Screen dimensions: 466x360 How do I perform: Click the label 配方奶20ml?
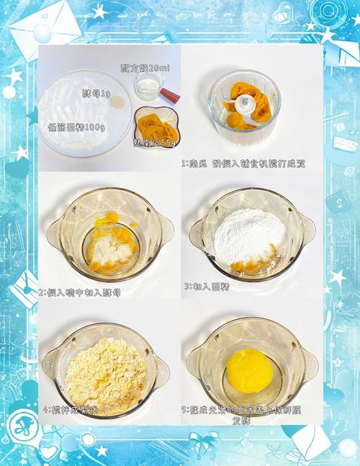(x=145, y=68)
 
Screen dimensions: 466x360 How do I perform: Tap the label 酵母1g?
(x=96, y=93)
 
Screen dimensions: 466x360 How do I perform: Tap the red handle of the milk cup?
(x=170, y=94)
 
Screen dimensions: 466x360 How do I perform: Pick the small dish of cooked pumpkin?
(x=156, y=126)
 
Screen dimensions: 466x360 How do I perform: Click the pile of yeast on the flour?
(x=117, y=102)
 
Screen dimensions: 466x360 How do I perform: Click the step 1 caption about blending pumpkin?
(x=243, y=164)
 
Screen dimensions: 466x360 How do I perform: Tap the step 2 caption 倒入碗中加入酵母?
(x=80, y=292)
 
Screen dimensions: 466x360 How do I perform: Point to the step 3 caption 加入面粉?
(x=206, y=286)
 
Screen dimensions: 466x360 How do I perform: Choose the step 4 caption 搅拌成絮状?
(x=70, y=410)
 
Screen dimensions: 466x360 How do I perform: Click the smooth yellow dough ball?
(x=249, y=370)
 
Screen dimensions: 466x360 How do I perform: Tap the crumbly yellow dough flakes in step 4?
(x=106, y=372)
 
